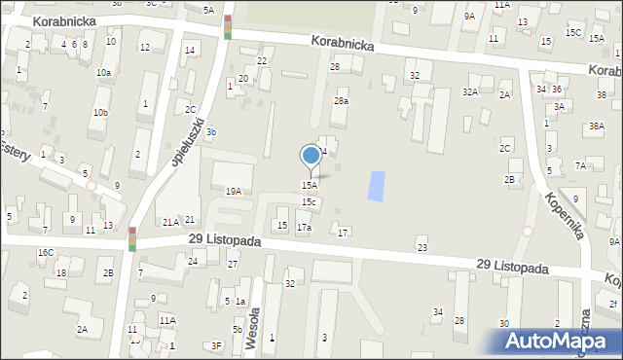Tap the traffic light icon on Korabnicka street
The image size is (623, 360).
pyautogui.click(x=228, y=27)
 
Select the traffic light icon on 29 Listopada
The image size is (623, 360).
pyautogui.click(x=132, y=239)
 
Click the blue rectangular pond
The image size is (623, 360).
pyautogui.click(x=376, y=186)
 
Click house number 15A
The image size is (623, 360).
pyautogui.click(x=309, y=185)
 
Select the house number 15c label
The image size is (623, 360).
pyautogui.click(x=309, y=201)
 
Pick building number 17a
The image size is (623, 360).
pyautogui.click(x=304, y=227)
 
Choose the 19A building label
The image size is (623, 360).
pyautogui.click(x=234, y=192)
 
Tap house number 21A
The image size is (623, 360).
pyautogui.click(x=169, y=223)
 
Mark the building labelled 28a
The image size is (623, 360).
pyautogui.click(x=341, y=100)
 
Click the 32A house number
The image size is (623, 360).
pyautogui.click(x=470, y=91)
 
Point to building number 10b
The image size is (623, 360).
pyautogui.click(x=100, y=112)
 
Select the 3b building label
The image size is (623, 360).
pyautogui.click(x=211, y=132)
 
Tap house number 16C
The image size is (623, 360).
pyautogui.click(x=46, y=253)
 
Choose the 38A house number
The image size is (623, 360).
pyautogui.click(x=597, y=126)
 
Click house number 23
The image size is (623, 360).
pyautogui.click(x=422, y=248)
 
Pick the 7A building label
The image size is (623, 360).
pyautogui.click(x=580, y=165)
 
